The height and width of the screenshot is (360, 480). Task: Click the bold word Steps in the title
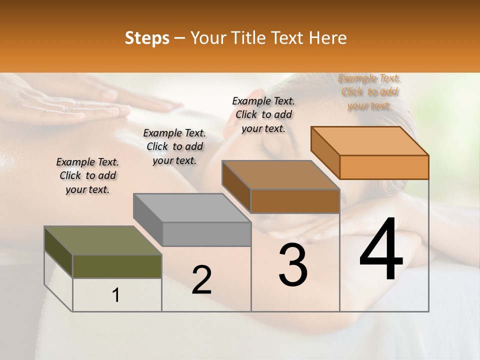[147, 38]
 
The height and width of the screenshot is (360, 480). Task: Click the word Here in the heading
[328, 38]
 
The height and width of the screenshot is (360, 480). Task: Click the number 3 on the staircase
[293, 265]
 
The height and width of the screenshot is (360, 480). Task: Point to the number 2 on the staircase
[201, 280]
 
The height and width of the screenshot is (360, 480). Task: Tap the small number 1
[116, 295]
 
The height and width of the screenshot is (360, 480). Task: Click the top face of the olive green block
[102, 240]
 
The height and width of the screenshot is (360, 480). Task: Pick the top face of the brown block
[280, 175]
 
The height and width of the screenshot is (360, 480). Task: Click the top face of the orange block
[370, 141]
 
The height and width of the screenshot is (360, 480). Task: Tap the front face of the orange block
[384, 167]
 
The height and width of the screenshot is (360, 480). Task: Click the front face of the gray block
[206, 234]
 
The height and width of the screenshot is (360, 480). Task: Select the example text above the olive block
[87, 175]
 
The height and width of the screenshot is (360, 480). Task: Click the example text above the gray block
[174, 146]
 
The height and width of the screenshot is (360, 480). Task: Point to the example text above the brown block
[263, 114]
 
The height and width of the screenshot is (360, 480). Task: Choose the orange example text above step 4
[369, 92]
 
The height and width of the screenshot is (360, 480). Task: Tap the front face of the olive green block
[117, 266]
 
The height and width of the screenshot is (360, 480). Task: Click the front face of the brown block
[295, 201]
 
